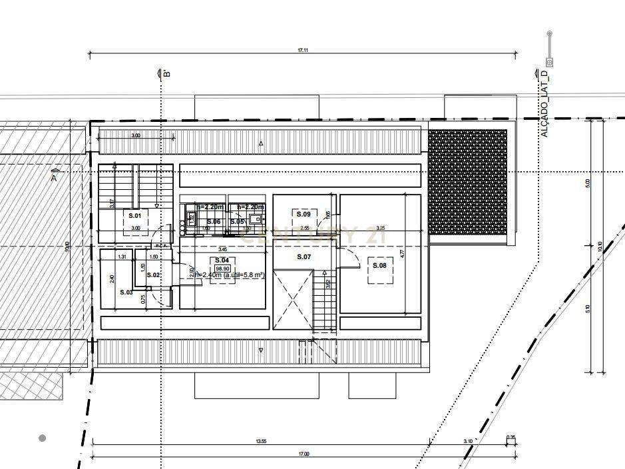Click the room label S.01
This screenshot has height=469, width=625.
(x=135, y=215)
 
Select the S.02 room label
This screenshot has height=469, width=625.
(x=153, y=274)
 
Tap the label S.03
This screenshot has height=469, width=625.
(x=126, y=292)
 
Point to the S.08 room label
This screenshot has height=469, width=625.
(x=379, y=265)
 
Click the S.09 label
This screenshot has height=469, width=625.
(x=304, y=215)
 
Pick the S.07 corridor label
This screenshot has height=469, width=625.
(x=304, y=256)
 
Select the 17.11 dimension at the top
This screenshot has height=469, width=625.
(x=303, y=51)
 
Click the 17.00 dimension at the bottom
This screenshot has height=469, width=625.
(x=304, y=454)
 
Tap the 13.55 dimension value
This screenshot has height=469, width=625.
(x=260, y=440)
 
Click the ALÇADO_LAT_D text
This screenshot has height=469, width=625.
(x=544, y=104)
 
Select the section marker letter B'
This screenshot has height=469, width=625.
(x=166, y=73)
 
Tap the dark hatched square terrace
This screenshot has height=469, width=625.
(x=467, y=182)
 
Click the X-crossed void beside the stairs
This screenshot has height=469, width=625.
(x=292, y=300)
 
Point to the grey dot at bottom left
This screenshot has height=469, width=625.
(x=43, y=438)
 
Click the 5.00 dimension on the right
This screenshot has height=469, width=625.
(x=587, y=183)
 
